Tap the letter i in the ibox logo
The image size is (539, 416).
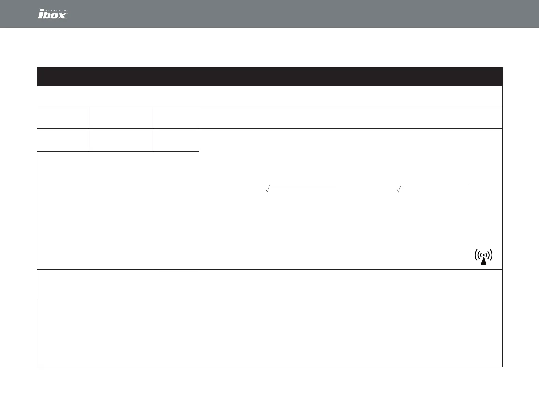pyautogui.click(x=41, y=15)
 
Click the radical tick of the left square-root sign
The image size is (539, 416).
pyautogui.click(x=267, y=189)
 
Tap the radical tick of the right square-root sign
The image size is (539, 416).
pyautogui.click(x=398, y=189)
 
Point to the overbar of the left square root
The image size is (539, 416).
pyautogui.click(x=303, y=185)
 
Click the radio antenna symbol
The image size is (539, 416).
pyautogui.click(x=484, y=257)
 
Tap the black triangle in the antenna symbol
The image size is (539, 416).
pyautogui.click(x=484, y=260)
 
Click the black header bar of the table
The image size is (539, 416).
pyautogui.click(x=269, y=76)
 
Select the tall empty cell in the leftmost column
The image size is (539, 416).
pyautogui.click(x=63, y=210)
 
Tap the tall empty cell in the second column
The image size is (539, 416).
pyautogui.click(x=121, y=210)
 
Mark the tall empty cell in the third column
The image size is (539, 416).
pyautogui.click(x=176, y=210)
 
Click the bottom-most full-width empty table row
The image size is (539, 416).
pyautogui.click(x=269, y=333)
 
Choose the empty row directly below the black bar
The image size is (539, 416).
pyautogui.click(x=269, y=97)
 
